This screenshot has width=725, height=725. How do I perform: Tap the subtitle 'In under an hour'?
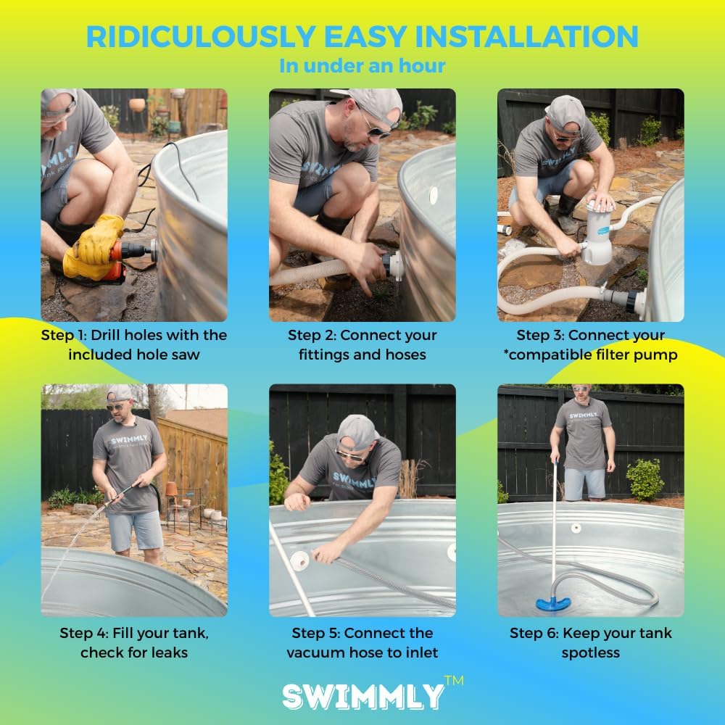(x=362, y=66)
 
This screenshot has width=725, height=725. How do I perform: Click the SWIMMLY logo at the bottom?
(x=363, y=696)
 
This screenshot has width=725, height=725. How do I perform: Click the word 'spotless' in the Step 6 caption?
(x=591, y=652)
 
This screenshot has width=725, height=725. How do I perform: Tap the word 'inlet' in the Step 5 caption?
(x=420, y=652)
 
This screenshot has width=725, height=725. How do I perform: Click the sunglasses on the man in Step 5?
(x=350, y=455)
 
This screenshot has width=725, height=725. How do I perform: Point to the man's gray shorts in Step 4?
(x=135, y=530)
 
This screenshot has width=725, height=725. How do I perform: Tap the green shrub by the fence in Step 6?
(x=645, y=478)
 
